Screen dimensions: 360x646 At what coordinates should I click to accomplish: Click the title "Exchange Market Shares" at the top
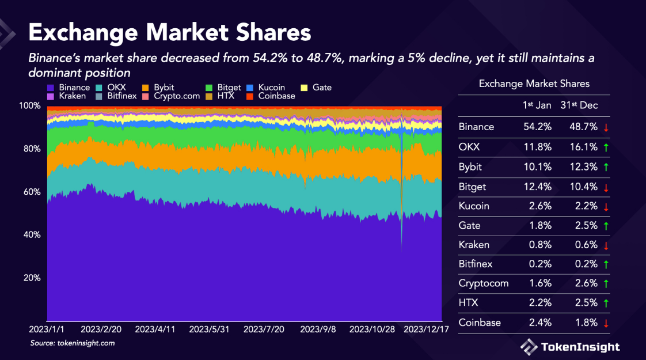170,32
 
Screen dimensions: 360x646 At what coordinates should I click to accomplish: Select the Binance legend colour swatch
51,88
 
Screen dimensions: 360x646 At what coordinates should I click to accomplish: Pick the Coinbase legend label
276,96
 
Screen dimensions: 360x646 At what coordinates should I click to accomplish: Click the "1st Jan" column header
537,105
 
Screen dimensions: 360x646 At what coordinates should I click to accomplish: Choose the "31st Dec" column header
579,105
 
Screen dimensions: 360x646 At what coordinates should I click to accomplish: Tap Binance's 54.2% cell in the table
539,127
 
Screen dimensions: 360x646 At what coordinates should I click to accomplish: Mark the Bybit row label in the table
470,167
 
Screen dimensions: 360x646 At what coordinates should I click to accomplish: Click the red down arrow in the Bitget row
606,187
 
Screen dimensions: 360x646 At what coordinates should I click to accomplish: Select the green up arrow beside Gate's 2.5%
606,226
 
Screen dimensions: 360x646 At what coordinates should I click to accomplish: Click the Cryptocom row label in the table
479,283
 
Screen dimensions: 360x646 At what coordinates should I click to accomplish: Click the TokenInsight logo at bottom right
570,346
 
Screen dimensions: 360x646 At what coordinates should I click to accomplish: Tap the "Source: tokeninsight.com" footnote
73,343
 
